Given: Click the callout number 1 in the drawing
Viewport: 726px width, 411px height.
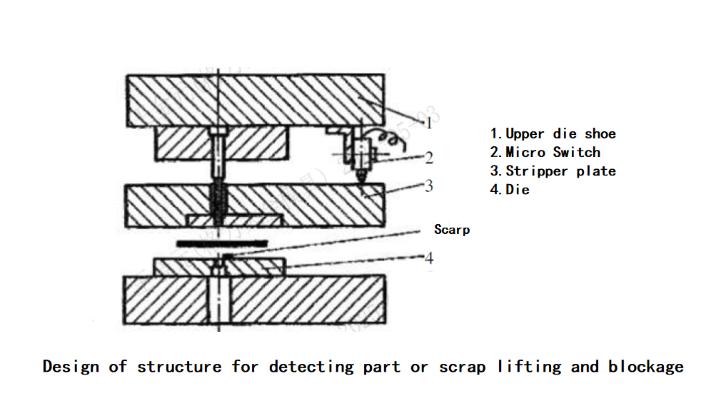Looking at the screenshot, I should (x=428, y=123).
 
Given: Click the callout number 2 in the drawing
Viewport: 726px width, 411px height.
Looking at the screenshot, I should (x=428, y=158).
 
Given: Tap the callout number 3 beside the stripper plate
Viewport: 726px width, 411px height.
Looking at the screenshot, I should (x=428, y=186).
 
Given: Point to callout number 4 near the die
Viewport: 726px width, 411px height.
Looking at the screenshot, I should (x=429, y=258).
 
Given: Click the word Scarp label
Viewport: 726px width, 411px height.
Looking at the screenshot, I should (x=452, y=230).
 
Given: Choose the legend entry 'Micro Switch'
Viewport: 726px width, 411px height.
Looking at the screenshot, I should (x=545, y=152).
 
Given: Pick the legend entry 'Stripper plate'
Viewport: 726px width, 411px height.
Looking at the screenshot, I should (x=553, y=171).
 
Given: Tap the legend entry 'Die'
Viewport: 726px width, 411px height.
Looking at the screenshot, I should (x=510, y=190).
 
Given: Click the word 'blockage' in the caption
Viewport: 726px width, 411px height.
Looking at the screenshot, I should (x=645, y=367).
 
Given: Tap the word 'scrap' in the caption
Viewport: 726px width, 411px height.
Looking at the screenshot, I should (x=462, y=367).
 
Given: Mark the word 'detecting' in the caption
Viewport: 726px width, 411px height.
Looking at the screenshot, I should (x=312, y=367).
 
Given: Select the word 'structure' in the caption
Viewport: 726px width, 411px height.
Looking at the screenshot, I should (x=179, y=367).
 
